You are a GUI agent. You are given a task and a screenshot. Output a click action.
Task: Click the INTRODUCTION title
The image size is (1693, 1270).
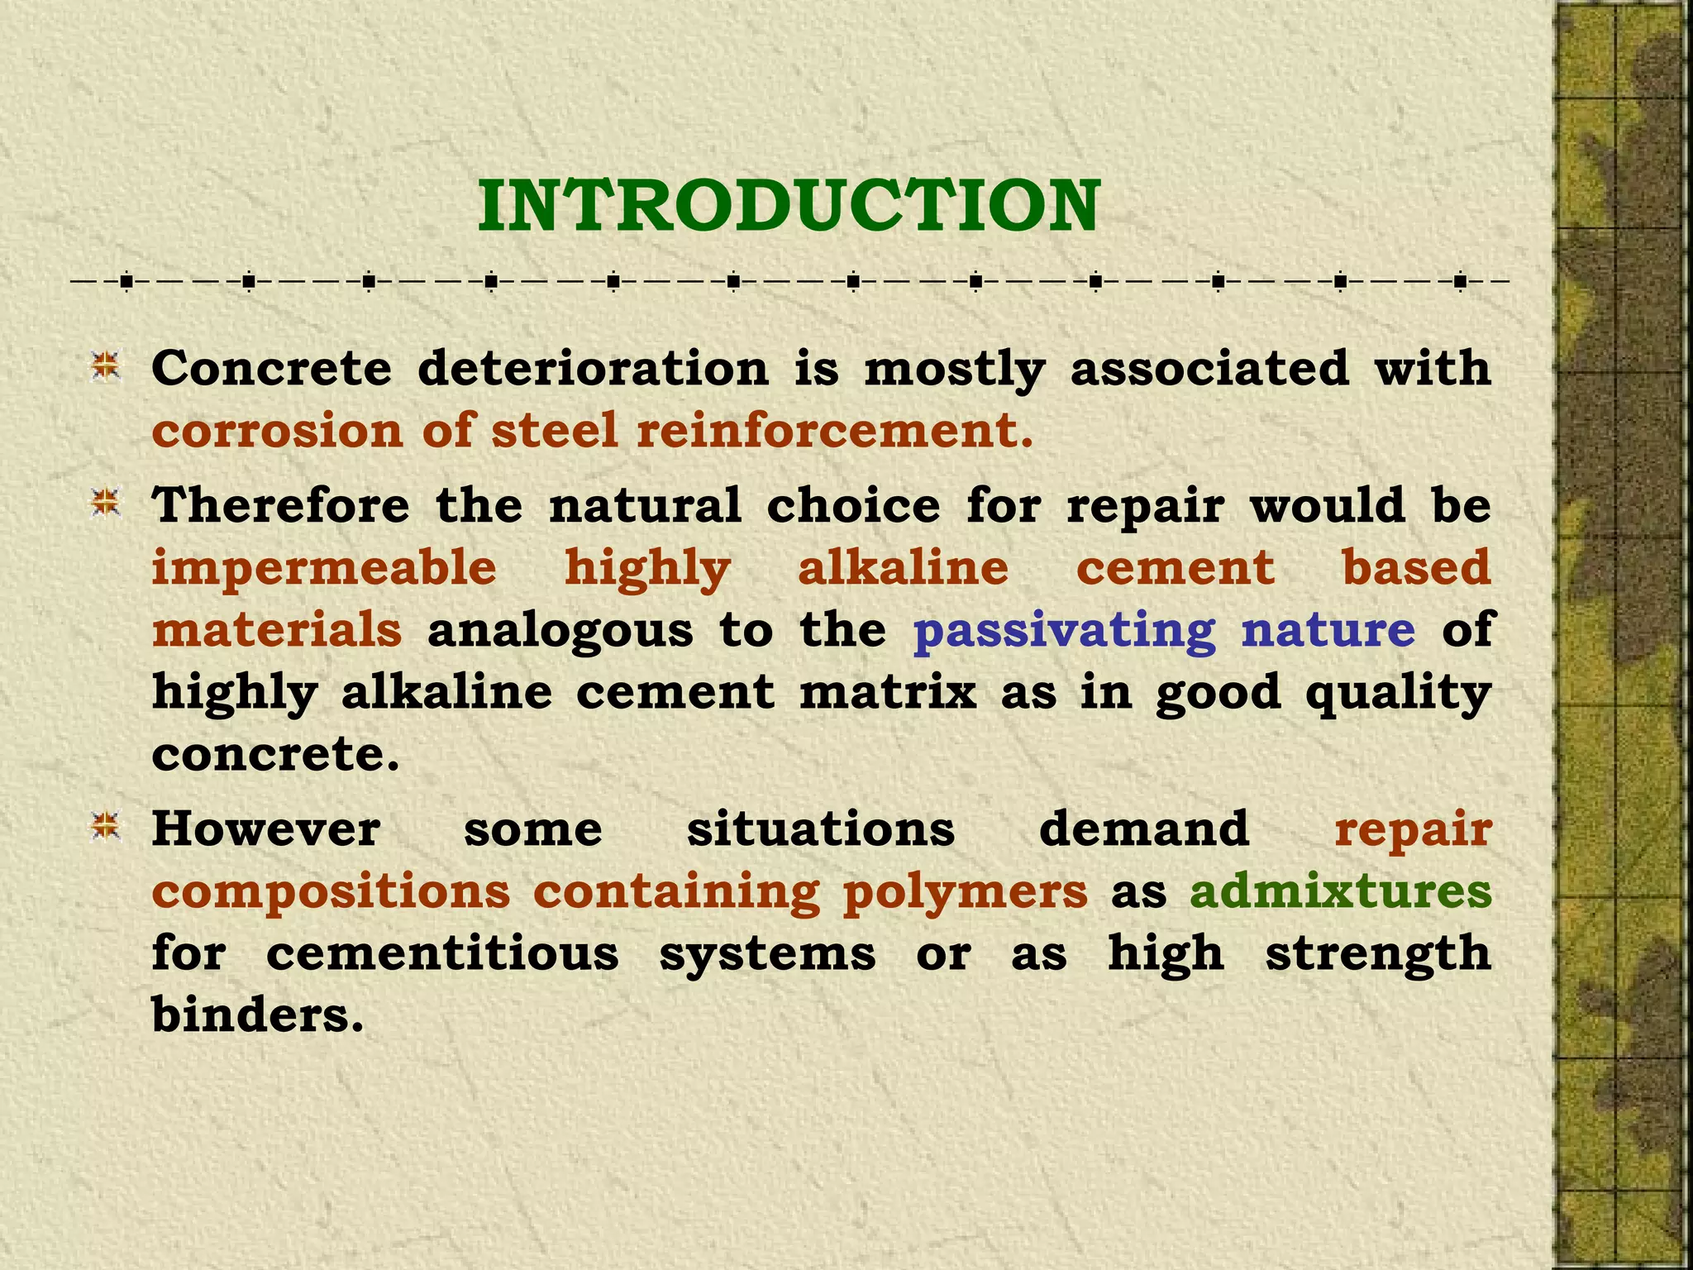coord(789,206)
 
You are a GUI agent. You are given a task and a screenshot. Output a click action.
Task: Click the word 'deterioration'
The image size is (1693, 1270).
coord(594,368)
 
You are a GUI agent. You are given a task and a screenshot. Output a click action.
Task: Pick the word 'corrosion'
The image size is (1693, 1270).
coord(277,431)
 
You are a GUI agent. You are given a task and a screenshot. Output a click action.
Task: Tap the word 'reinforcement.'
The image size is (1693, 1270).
coord(835,431)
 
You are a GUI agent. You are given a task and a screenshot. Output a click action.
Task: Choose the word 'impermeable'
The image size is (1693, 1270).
coord(324,568)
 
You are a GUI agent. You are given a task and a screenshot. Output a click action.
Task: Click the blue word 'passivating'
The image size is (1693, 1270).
coord(1065,631)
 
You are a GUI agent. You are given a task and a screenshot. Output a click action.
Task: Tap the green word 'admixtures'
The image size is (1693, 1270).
coord(1341,891)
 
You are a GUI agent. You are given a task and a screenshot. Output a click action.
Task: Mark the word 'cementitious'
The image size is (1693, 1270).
coord(442,953)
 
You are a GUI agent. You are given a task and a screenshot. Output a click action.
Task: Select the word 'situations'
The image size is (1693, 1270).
coord(821,828)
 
